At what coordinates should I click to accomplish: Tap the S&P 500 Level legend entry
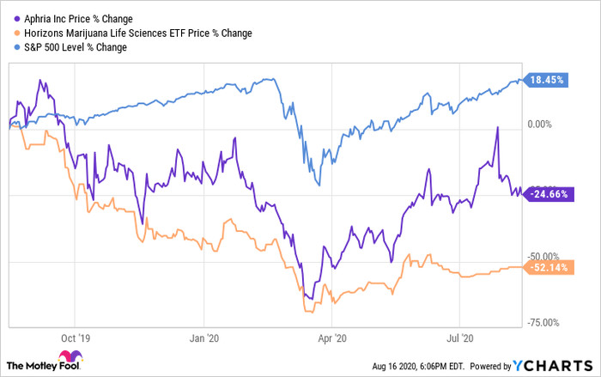click(x=76, y=47)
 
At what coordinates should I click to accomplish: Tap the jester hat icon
click(x=70, y=358)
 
